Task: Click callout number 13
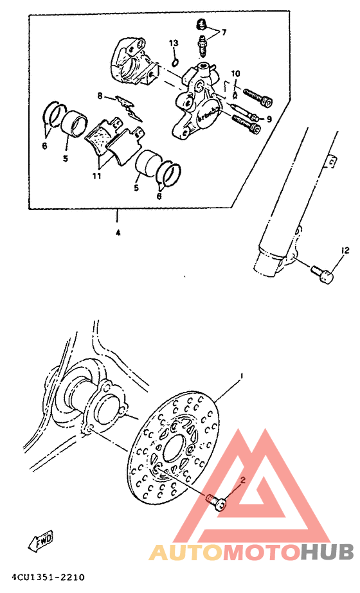[x=173, y=43]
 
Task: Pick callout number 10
[x=235, y=73]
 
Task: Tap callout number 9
[x=269, y=119]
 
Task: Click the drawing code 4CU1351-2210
[x=44, y=578]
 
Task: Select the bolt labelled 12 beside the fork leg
[x=321, y=277]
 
